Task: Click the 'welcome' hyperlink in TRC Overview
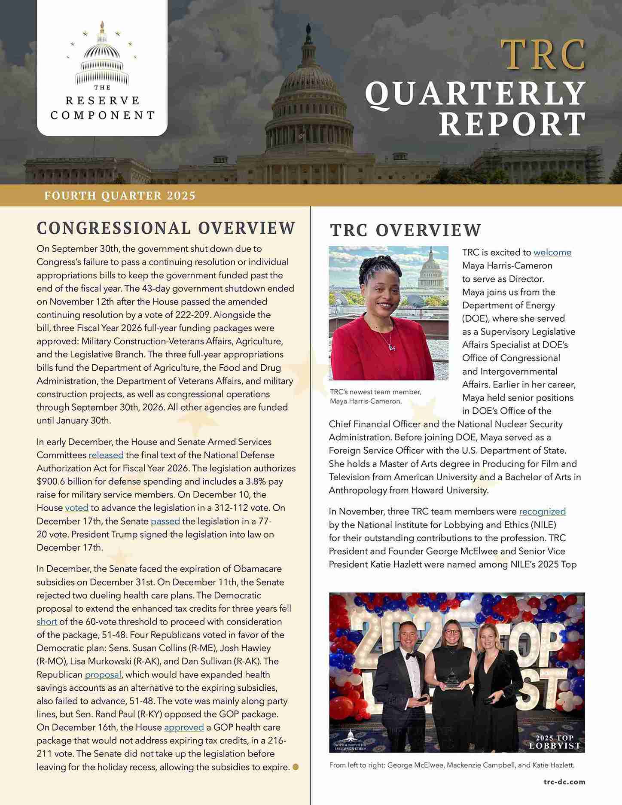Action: [552, 252]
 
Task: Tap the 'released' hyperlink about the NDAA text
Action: [106, 455]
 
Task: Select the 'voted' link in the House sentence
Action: [77, 508]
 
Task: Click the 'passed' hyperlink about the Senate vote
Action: [165, 521]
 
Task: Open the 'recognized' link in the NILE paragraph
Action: [542, 511]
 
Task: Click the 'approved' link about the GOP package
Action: [184, 727]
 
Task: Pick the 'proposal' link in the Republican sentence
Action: [103, 674]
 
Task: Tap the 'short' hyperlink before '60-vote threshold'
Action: [47, 622]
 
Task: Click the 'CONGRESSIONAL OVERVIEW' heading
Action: [166, 228]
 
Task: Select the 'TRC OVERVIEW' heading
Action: [406, 230]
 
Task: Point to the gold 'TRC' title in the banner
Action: [543, 55]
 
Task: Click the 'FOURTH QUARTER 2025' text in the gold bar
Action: [120, 196]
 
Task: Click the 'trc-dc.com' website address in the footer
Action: [564, 782]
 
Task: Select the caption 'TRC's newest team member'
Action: [375, 392]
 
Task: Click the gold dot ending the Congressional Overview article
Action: [296, 767]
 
